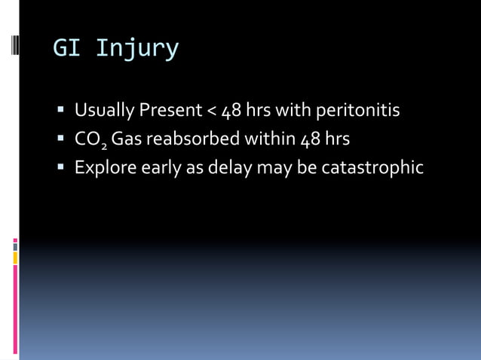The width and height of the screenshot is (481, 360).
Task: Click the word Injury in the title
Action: click(x=137, y=49)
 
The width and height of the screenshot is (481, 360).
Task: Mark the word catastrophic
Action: click(x=372, y=167)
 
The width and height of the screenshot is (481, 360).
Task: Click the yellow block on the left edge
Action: click(x=15, y=258)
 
